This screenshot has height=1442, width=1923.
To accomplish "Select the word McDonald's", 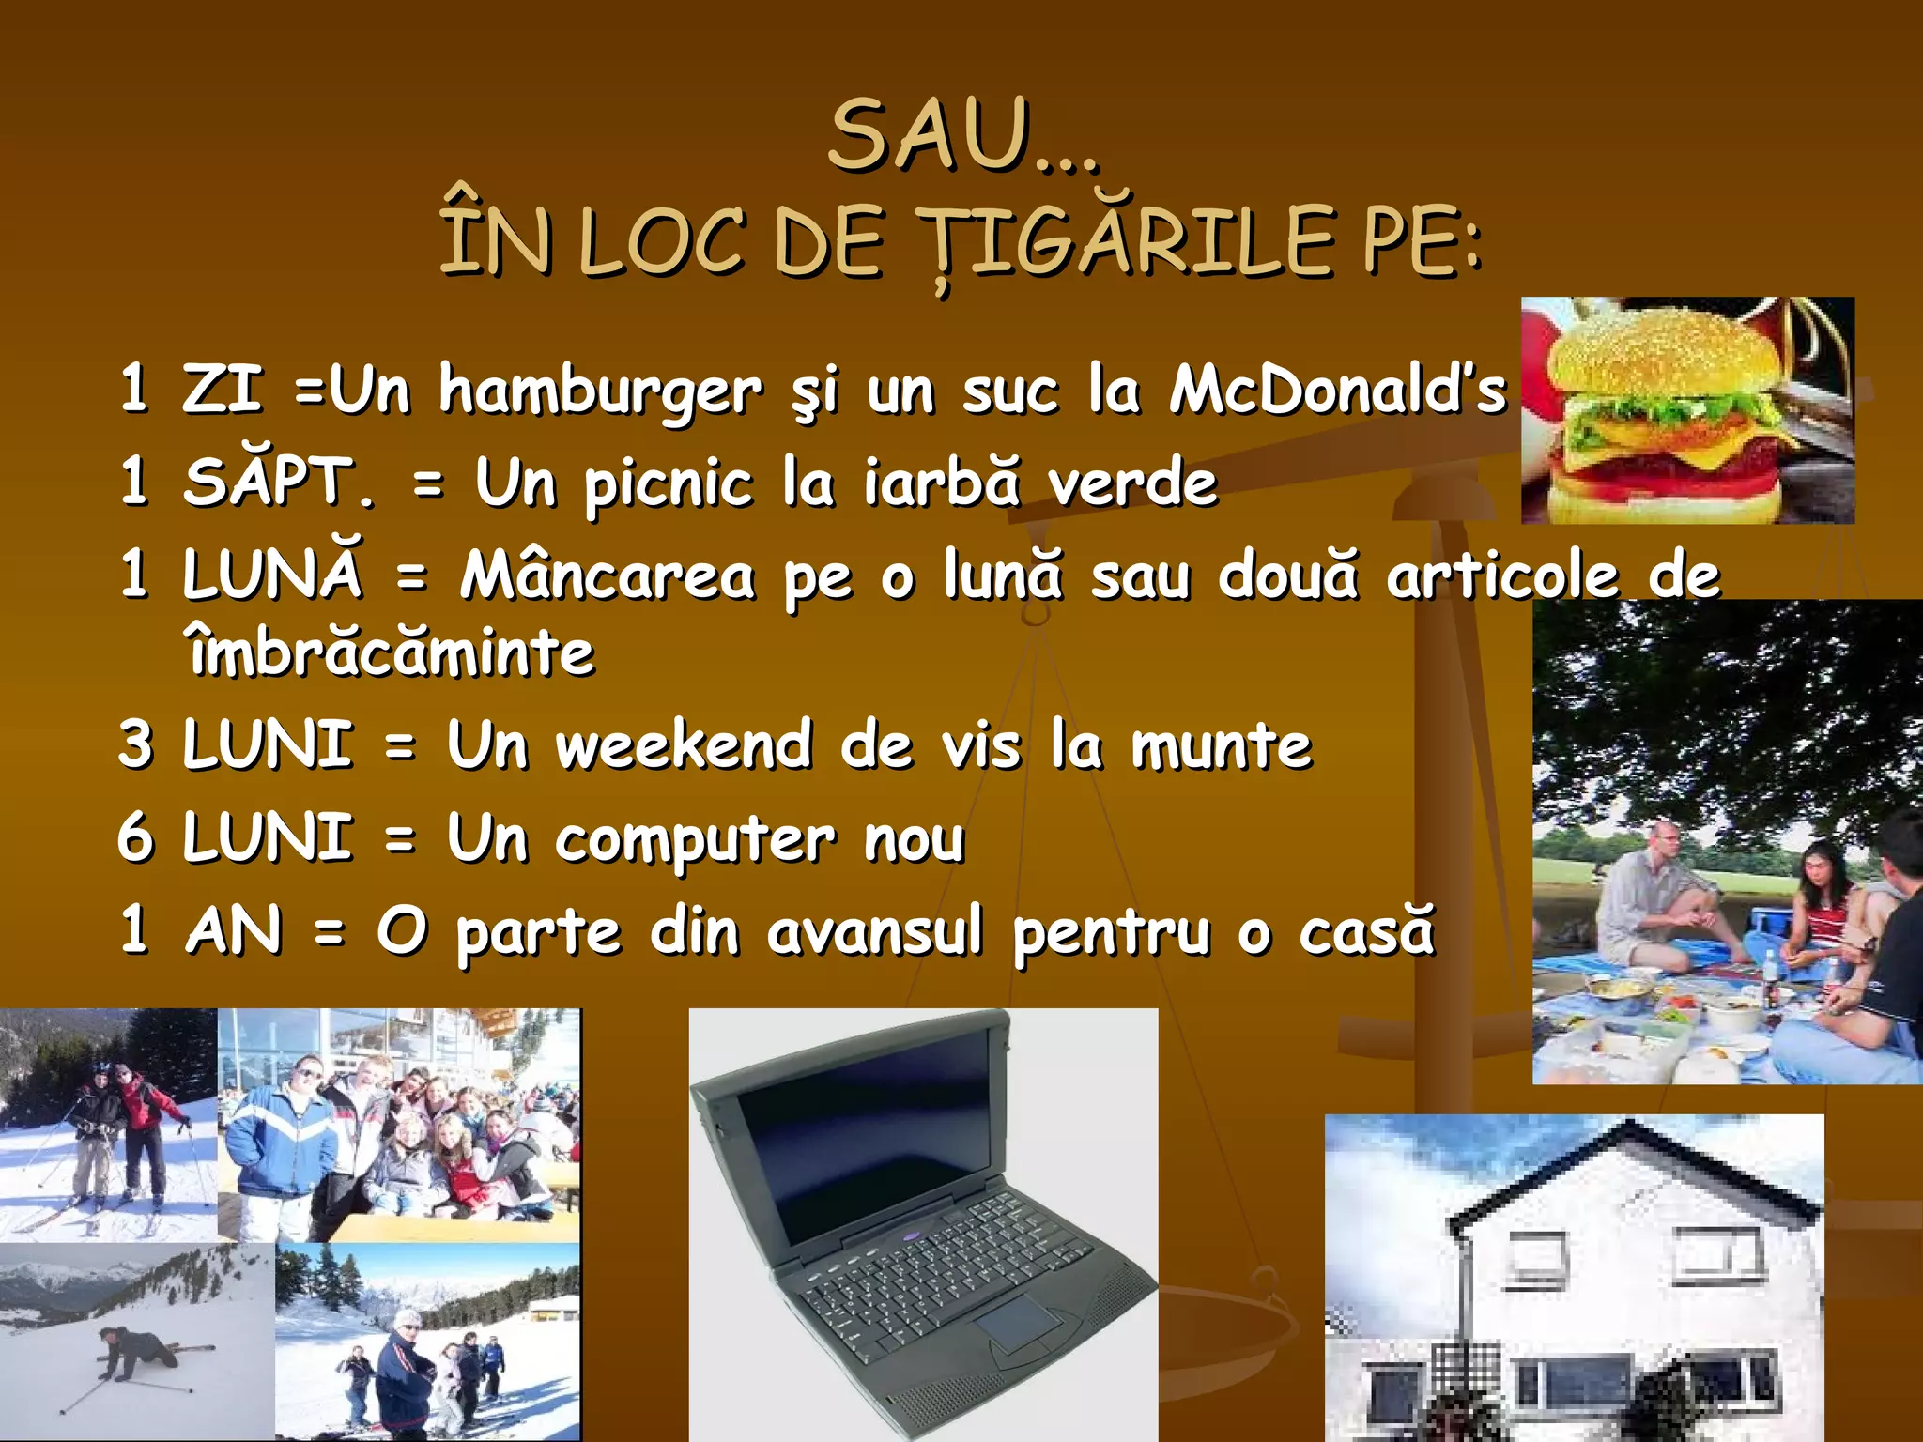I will [x=1337, y=389].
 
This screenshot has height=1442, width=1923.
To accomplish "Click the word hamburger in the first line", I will [x=601, y=392].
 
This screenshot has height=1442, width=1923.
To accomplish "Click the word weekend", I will [x=685, y=745].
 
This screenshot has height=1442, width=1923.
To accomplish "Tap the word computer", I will [x=695, y=841].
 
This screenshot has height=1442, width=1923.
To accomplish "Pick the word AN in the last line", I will [x=234, y=931].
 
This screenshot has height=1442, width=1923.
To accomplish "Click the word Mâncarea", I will [x=607, y=575].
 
